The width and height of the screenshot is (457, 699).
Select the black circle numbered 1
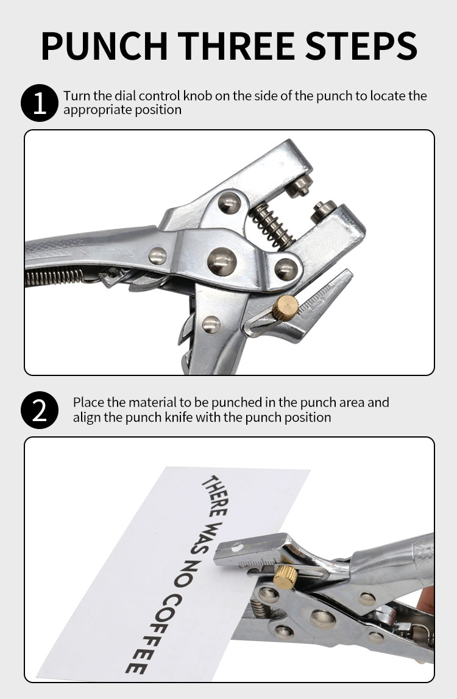pos(39,102)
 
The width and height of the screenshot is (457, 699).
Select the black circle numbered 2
pos(39,410)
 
